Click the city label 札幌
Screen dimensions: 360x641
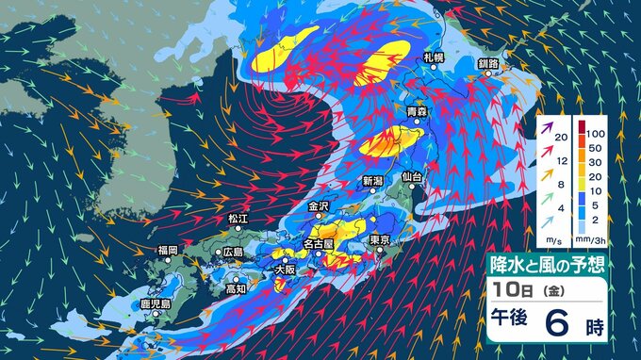[434, 57]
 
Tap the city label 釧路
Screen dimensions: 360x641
[488, 64]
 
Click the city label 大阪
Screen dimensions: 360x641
[284, 269]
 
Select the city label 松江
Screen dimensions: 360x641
[237, 219]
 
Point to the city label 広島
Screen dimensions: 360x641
[232, 253]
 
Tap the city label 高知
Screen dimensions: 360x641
[235, 288]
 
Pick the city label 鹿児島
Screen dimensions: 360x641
[154, 304]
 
